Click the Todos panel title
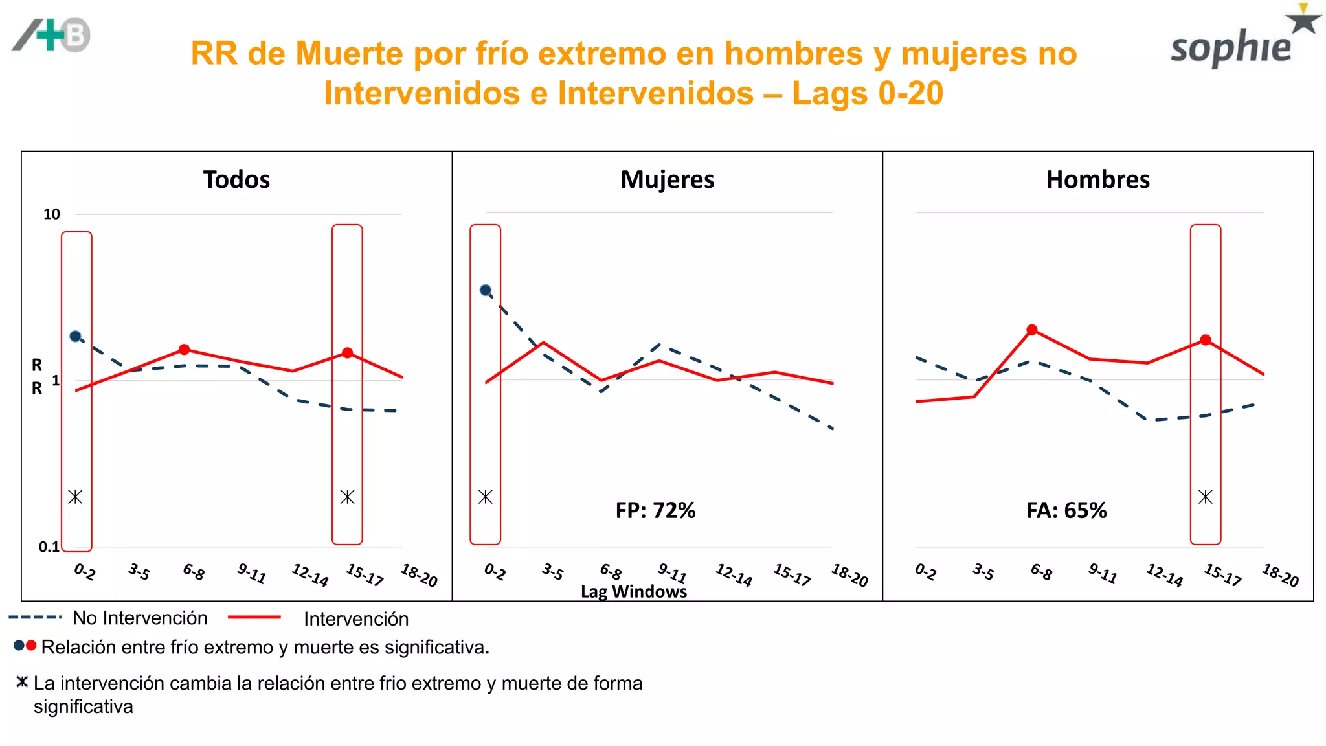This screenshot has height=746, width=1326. pos(236,179)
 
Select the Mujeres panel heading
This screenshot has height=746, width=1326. pos(667,179)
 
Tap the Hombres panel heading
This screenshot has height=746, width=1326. pos(1097,179)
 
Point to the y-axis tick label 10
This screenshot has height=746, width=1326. pos(51,214)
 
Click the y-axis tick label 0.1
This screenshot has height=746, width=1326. pos(49,547)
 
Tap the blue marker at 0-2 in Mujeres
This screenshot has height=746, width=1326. pos(486,290)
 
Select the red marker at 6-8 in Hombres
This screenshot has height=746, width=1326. pos(1032,330)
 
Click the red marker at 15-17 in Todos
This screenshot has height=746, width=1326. pos(348,353)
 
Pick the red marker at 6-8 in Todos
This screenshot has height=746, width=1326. pos(185,350)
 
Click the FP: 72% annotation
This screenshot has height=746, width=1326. pos(655,510)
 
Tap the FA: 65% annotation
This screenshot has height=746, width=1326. pos(1066,510)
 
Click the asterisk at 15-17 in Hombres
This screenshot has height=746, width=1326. pos(1205,497)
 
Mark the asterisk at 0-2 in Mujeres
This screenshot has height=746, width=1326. pos(486,497)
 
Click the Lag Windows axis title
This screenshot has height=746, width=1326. pos(633,591)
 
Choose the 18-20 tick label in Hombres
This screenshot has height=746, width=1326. pos(1280,575)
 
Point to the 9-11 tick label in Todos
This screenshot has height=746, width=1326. pos(251,574)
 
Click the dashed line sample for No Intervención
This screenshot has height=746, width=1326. pos(35,618)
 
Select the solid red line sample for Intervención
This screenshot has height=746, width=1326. pos(254,618)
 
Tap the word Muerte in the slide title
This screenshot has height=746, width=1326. pos(350,54)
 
